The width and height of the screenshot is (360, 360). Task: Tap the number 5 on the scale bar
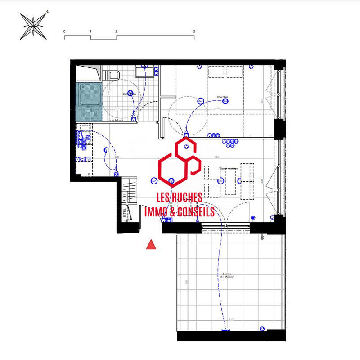(x=194, y=31)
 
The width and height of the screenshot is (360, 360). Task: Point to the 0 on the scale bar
(x=65, y=31)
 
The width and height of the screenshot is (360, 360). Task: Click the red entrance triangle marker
(x=152, y=244)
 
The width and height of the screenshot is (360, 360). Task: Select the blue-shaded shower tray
(x=89, y=101)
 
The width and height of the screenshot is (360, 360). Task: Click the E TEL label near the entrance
(x=125, y=213)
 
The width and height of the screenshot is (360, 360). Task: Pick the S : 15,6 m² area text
(x=228, y=278)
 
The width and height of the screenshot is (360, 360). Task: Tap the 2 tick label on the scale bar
(x=117, y=31)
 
